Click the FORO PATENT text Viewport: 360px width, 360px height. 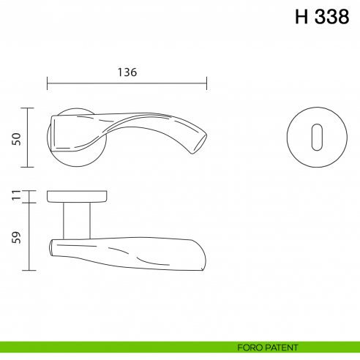pos(267,347)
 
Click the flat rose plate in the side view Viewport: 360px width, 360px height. pos(77,196)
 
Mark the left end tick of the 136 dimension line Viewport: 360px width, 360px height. pos(48,83)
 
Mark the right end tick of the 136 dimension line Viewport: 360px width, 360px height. pos(207,83)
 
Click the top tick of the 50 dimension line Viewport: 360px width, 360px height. pos(28,108)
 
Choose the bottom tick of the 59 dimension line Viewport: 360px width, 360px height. pos(28,271)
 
